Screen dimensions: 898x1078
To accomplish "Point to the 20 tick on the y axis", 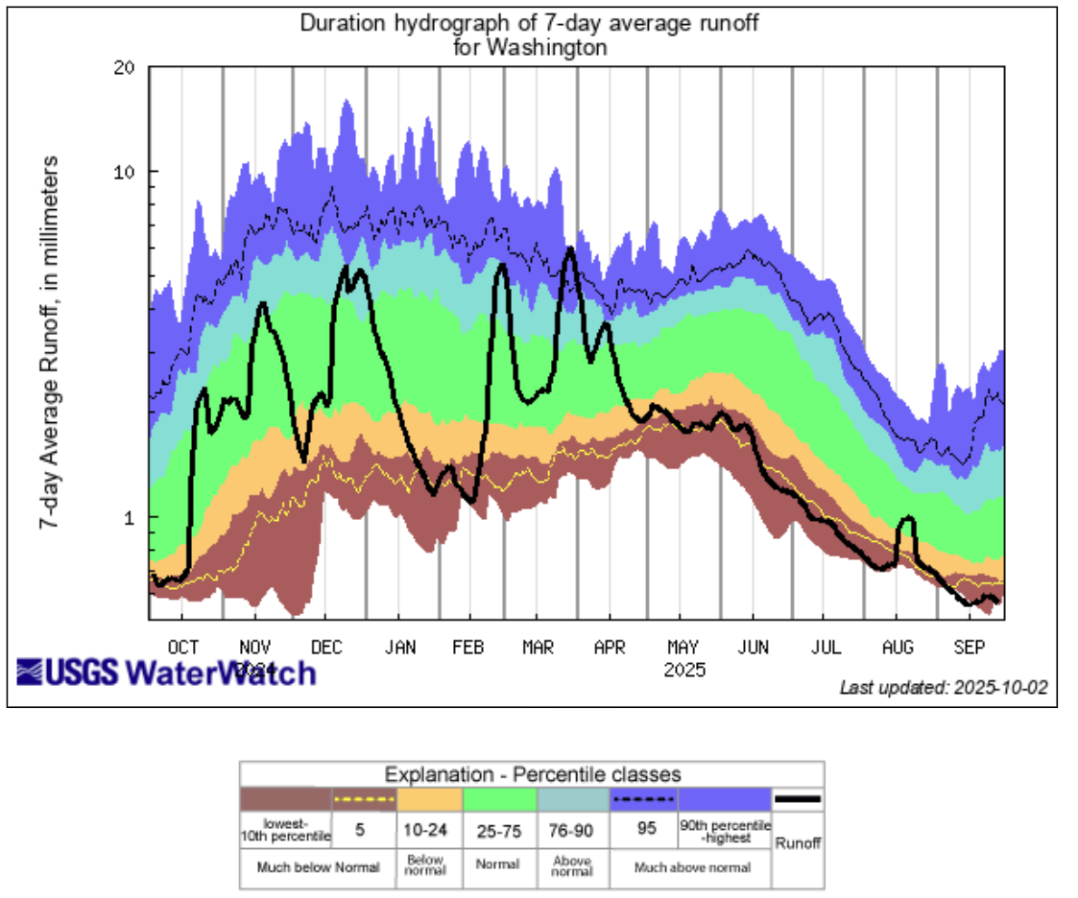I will pos(125,68).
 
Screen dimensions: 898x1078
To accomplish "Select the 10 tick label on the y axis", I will pos(125,173).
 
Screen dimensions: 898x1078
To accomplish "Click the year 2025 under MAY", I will pos(684,668).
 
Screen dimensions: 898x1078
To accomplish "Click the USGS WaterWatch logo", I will pos(166,672).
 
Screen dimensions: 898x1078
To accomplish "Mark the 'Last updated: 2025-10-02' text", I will pos(944,687).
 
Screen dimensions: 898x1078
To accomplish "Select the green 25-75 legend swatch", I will pos(499,799).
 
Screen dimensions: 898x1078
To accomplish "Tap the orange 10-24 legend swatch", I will pos(429,799).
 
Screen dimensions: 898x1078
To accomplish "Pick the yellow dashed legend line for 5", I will pos(364,799).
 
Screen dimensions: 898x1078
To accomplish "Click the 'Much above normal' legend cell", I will pos(691,870).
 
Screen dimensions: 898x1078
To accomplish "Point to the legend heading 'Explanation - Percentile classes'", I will pos(532,774).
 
